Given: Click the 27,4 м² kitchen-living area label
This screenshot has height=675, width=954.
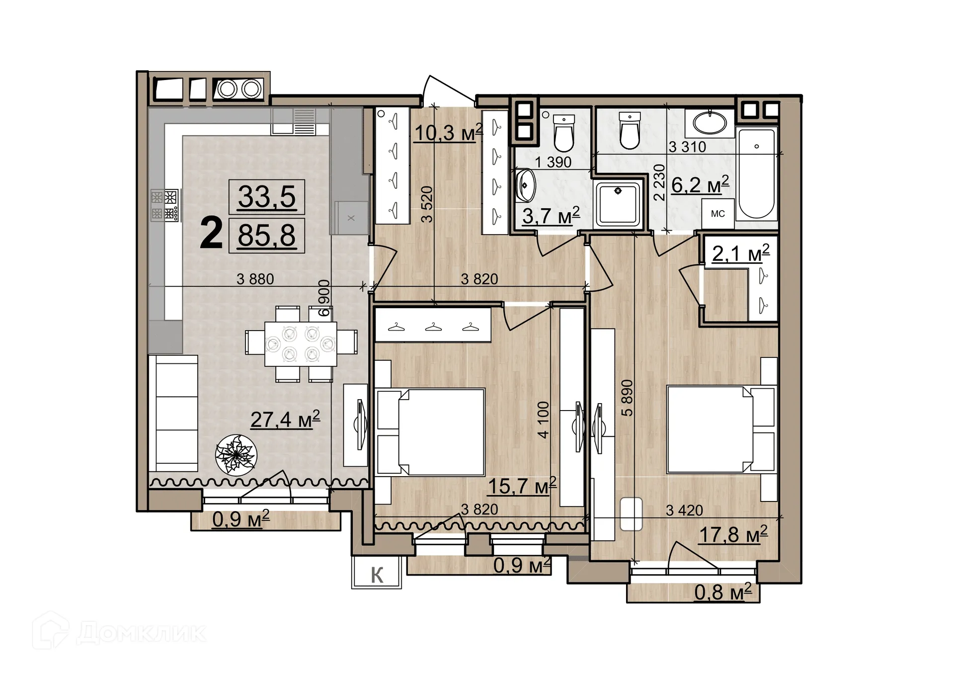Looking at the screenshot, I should click(x=285, y=420).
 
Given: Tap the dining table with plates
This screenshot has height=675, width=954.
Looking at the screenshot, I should click(x=300, y=343).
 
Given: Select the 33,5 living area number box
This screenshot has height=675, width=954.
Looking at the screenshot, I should click(x=267, y=197).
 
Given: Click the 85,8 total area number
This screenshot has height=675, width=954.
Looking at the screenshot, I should click(x=267, y=236).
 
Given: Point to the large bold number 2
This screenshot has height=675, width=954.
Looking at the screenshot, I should click(x=211, y=234).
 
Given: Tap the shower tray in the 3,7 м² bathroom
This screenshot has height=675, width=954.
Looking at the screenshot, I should click(x=618, y=204).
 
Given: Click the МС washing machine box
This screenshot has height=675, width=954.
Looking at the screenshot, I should click(x=717, y=214).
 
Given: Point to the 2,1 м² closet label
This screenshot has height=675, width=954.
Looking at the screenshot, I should click(x=740, y=253).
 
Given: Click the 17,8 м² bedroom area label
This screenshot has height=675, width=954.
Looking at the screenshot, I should click(x=733, y=535).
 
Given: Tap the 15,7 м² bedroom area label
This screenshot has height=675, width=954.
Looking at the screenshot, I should click(x=522, y=486).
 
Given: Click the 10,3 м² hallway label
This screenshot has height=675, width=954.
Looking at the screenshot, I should click(x=448, y=133).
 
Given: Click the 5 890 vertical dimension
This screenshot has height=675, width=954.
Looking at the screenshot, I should click(x=628, y=398).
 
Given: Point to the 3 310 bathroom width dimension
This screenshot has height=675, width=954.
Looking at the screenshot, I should click(x=687, y=147).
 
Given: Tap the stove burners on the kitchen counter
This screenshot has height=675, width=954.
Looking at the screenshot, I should click(x=164, y=205).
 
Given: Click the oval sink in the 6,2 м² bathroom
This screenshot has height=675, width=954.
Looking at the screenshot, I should click(x=710, y=123).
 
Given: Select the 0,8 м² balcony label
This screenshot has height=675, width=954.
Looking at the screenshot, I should click(x=722, y=592).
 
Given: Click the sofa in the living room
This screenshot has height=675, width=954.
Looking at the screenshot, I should click(x=174, y=413).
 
